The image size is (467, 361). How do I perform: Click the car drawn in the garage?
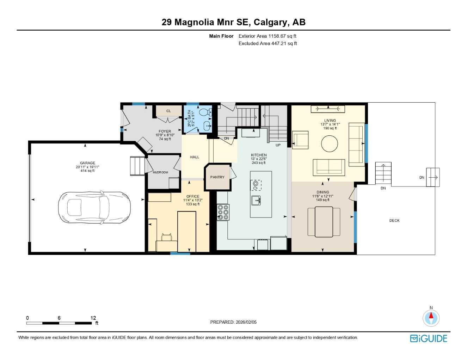[94, 207]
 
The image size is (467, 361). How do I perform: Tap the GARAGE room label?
[87, 163]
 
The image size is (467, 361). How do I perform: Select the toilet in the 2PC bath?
[204, 112]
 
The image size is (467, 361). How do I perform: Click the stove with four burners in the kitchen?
[223, 212]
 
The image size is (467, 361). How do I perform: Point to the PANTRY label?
[217, 177]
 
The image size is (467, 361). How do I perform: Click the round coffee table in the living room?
[330, 144]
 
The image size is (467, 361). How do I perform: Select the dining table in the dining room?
[324, 222]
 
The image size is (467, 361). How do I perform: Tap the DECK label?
[394, 221]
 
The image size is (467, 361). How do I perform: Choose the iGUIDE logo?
[429, 338]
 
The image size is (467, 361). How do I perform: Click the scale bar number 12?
[93, 318]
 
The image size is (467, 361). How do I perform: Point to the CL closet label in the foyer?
[168, 111]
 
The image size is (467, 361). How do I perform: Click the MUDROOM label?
[160, 172]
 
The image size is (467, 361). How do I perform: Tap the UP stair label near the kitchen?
[278, 145]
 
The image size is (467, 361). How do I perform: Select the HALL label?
[195, 157]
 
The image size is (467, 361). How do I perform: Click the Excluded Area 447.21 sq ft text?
[268, 44]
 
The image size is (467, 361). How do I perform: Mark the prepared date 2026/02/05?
[246, 322]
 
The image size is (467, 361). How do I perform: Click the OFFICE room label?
[193, 196]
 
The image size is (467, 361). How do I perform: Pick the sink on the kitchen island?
[256, 200]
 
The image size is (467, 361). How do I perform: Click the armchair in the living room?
[300, 140]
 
